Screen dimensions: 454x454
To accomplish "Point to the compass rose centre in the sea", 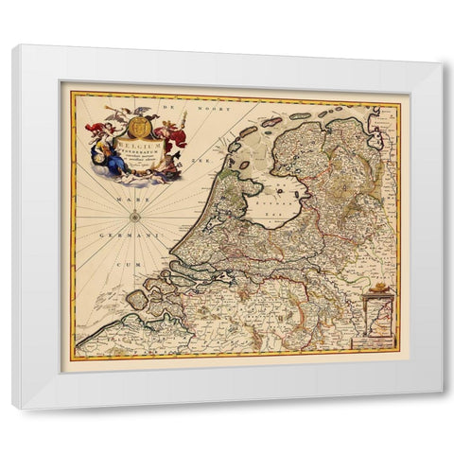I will click(136, 217).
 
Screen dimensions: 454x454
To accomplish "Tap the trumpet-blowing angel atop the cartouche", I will click(115, 113).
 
